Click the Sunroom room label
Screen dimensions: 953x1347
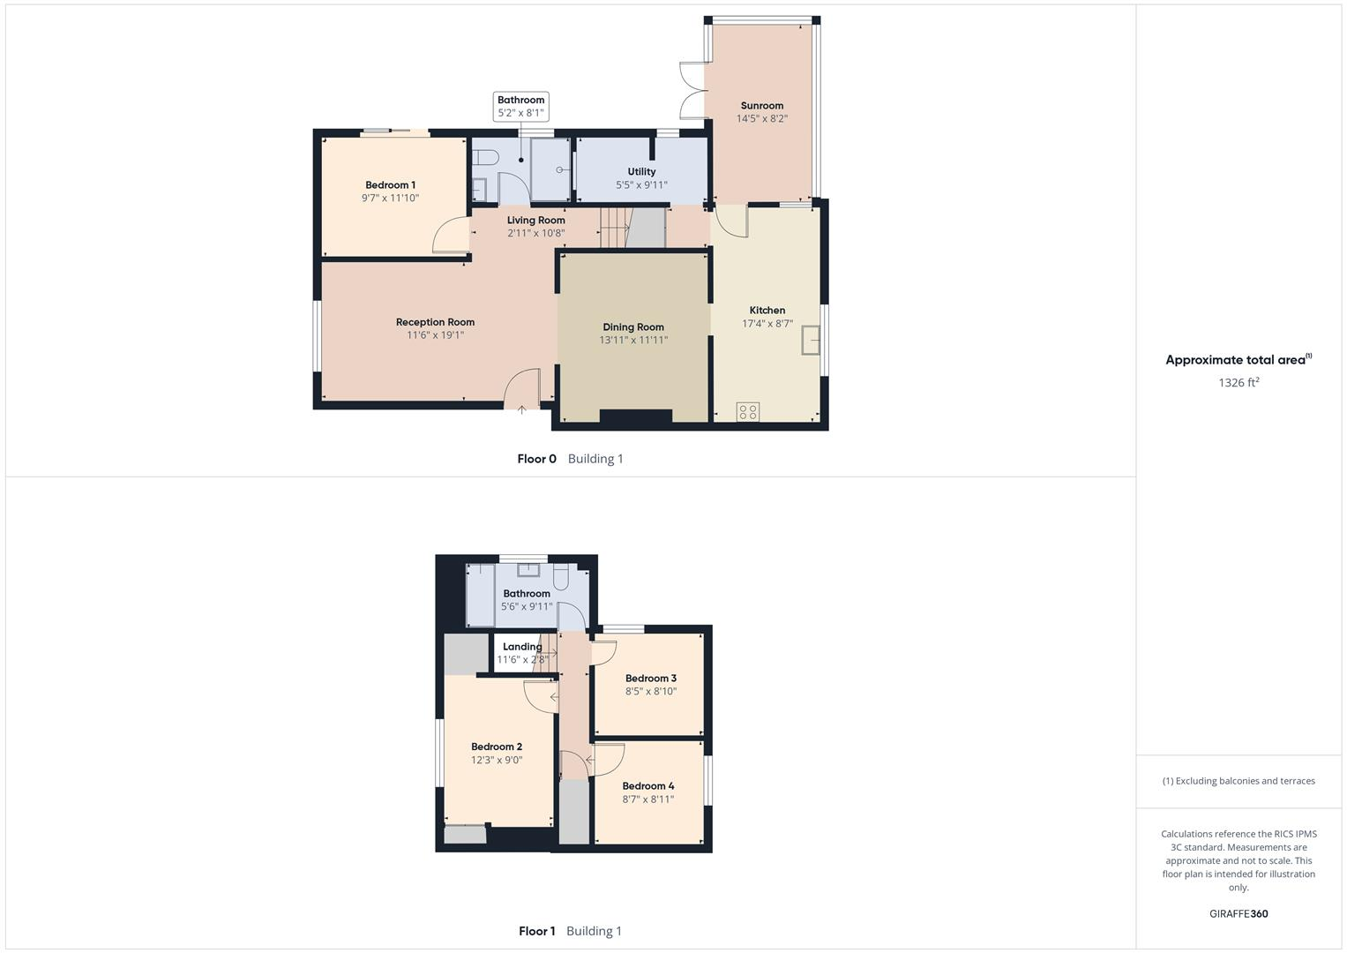762,106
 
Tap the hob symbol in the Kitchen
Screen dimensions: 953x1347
748,411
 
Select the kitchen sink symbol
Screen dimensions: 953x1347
811,340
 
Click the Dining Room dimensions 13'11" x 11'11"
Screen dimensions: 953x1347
633,340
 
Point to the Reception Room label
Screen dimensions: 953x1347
435,322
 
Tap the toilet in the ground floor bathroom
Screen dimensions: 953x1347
486,157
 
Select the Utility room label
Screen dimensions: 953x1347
641,172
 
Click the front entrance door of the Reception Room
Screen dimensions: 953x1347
521,389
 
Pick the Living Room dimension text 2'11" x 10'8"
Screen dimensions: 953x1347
535,233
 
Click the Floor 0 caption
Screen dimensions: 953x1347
536,459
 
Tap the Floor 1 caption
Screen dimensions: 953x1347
536,931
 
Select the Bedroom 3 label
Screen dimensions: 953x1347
651,679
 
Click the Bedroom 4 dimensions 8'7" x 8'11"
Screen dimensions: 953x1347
648,799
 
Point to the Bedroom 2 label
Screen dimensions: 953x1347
497,747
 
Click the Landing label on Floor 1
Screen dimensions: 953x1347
522,647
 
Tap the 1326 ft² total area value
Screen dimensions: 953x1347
1238,382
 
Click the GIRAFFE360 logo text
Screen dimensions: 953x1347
1238,914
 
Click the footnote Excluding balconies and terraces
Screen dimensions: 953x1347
1238,781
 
